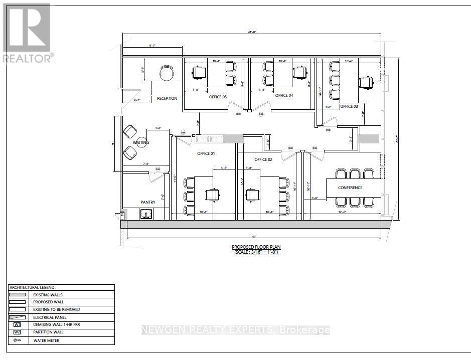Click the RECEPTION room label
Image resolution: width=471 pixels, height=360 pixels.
[x=167, y=98]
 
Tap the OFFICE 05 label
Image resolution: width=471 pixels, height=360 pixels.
[x=218, y=97]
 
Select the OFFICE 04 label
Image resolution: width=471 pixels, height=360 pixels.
[x=284, y=95]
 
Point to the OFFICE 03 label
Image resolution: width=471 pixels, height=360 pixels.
[x=349, y=106]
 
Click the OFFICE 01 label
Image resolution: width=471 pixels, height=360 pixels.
[x=206, y=153]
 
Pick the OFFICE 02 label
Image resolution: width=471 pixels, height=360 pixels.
[x=263, y=159]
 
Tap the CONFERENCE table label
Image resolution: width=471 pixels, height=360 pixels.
[x=350, y=188]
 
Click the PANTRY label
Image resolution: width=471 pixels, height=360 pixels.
[x=148, y=202]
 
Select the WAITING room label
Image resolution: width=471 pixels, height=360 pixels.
[x=141, y=143]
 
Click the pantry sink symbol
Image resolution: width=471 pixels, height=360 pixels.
[x=146, y=215]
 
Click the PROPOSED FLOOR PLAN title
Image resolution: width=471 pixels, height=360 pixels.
[x=256, y=247]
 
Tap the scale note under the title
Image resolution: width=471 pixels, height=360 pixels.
[x=256, y=252]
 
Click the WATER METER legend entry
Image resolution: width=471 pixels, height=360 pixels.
[x=46, y=340]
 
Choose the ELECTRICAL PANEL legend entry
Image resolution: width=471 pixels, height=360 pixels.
[x=49, y=317]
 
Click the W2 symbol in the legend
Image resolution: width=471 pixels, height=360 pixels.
[x=17, y=332]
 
